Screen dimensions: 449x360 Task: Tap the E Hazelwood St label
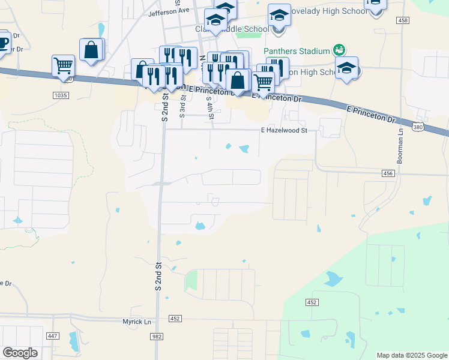(284, 130)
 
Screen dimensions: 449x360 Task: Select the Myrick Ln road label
(137, 322)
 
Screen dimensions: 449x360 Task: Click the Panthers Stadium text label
(297, 51)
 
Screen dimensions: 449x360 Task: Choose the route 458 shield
(403, 20)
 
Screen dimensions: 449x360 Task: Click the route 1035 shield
(61, 95)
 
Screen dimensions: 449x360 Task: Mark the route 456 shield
(388, 173)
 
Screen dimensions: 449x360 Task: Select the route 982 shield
(157, 337)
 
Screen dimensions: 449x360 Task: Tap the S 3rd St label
(183, 107)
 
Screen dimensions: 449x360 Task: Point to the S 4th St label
(209, 107)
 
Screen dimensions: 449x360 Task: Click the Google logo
(20, 353)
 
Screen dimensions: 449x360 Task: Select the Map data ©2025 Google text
(411, 355)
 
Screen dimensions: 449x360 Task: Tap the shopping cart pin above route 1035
(63, 66)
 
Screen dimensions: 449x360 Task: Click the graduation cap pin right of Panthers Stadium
(346, 68)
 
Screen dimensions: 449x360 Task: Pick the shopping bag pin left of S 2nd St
(91, 50)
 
